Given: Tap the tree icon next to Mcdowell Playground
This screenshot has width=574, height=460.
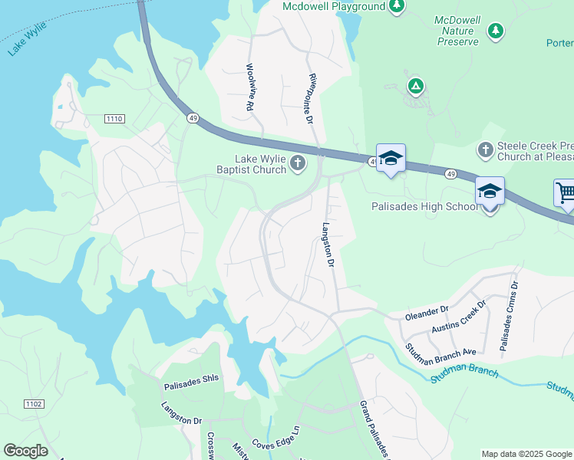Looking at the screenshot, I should pos(396,7).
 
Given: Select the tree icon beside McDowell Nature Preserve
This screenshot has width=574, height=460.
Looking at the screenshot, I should pos(496,30).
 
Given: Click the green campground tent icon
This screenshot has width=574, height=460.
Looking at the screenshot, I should pos(415,86).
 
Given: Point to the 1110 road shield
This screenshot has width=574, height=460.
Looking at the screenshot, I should pos(114,118).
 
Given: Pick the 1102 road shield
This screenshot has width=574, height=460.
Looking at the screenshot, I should pos(34,403).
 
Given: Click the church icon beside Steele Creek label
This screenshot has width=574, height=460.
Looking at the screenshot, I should pos(485,149).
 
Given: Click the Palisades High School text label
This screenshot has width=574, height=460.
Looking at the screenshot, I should pos(424,206).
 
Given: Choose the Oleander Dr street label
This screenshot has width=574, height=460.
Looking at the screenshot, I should pos(426,312).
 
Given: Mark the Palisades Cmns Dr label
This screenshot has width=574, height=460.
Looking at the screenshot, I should pos(509,316).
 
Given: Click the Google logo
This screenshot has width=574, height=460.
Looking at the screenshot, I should pos(25,450).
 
